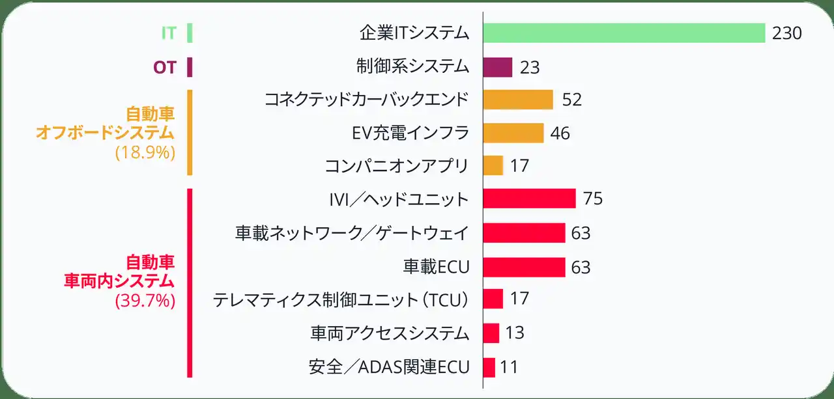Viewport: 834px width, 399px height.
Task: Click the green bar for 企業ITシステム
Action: pos(624,33)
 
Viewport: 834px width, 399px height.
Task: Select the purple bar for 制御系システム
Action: pos(498,67)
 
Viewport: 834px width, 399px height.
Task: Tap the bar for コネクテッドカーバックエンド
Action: pos(518,100)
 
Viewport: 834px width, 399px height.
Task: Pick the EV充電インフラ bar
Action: pos(513,133)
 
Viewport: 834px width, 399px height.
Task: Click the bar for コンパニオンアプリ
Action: pos(493,165)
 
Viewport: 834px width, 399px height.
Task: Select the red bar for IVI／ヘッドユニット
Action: pos(529,199)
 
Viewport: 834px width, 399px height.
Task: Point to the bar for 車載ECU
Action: pos(524,267)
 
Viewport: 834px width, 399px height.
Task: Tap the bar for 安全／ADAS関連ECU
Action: pos(489,367)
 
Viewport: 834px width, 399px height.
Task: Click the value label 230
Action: pos(786,33)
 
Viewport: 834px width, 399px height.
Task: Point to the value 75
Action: pos(593,199)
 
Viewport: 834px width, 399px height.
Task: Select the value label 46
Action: pos(560,133)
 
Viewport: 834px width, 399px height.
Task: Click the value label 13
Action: pos(515,333)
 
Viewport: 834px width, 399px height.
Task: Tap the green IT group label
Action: pos(168,33)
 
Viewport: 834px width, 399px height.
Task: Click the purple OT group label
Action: pos(165,67)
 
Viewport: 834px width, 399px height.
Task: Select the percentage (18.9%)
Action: pos(145,154)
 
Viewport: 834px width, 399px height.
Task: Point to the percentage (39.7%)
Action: pos(145,301)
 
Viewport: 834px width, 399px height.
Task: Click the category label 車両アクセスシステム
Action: pos(390,333)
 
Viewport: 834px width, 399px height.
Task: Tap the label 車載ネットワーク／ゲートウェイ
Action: pos(352,232)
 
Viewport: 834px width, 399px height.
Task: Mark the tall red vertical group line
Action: pos(190,282)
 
